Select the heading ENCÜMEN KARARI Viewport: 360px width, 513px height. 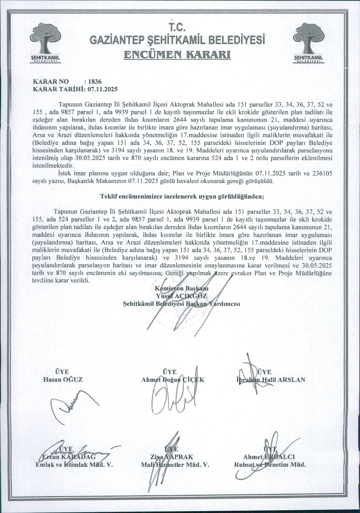(177, 55)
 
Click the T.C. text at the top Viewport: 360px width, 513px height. (177, 27)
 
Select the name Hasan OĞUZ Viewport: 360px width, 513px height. (63, 379)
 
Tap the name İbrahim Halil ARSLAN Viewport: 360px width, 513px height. (271, 379)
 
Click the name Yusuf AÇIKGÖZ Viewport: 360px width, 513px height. (181, 296)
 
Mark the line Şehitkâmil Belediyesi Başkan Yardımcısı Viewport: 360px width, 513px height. (181, 304)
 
